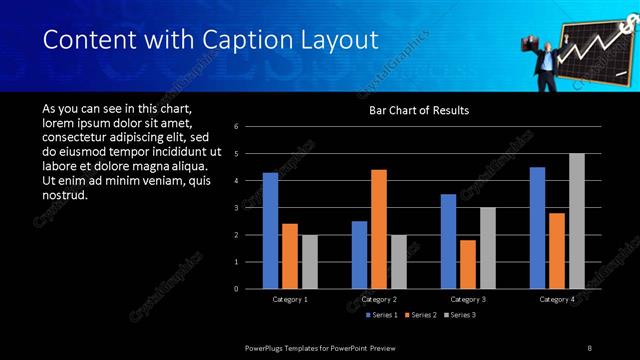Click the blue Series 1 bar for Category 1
point(270,231)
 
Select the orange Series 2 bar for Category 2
point(378,229)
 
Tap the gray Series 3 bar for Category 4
point(576,221)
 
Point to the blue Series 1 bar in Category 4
point(537,228)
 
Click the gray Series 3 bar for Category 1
point(310,262)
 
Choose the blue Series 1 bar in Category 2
point(359,255)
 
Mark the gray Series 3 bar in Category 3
point(487,248)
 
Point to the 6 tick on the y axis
point(235,127)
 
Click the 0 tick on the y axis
point(235,289)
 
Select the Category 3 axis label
point(468,299)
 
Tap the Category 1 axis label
point(290,299)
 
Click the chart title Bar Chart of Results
point(419,110)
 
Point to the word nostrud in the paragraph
point(66,194)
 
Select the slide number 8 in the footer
point(589,347)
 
